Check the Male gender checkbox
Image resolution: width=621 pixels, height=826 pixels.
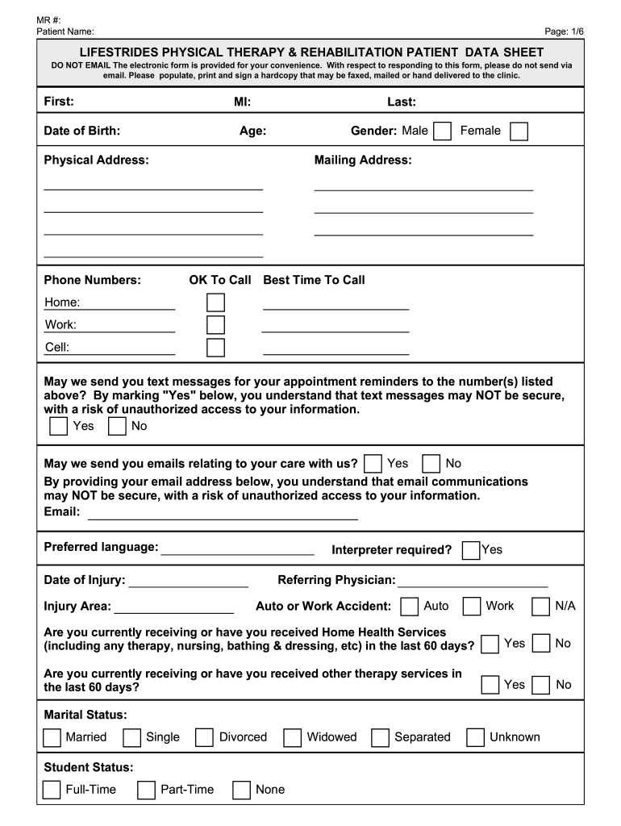[442, 131]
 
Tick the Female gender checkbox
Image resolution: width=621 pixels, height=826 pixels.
[519, 131]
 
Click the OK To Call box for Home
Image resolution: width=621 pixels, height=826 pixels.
[215, 302]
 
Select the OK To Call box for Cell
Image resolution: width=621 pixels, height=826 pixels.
[215, 348]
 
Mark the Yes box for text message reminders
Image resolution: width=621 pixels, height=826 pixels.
[58, 426]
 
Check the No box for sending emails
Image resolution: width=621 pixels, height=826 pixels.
[431, 464]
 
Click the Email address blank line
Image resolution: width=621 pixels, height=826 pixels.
[223, 514]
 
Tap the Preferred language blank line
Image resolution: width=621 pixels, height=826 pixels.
[237, 549]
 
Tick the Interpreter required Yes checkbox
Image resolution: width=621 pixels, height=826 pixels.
[471, 550]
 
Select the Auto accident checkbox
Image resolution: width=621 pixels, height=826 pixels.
[410, 606]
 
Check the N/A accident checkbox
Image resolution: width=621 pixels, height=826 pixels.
[541, 606]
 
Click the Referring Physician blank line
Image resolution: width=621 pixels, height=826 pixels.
[473, 581]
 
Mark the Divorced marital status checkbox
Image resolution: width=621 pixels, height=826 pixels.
[205, 737]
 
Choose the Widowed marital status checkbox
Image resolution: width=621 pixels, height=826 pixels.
[293, 737]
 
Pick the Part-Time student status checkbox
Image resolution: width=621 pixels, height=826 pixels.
[146, 790]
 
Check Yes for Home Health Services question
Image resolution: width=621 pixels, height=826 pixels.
[490, 645]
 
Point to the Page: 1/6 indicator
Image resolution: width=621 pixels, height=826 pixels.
[564, 31]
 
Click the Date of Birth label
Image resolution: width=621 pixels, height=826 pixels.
[82, 131]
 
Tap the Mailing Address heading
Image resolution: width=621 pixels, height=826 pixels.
[363, 161]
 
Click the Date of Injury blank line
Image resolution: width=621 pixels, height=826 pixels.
[188, 582]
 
